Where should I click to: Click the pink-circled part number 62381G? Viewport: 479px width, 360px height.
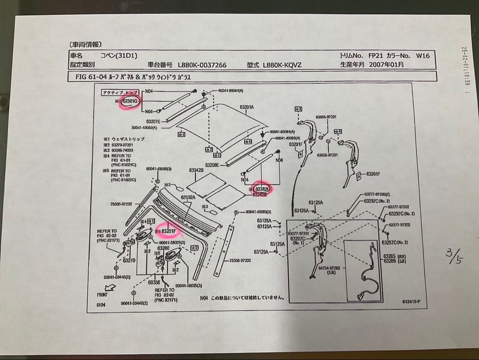tap(130, 101)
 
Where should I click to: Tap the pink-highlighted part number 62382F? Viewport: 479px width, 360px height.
tap(263, 189)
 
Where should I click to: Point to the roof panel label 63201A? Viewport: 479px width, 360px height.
tap(247, 107)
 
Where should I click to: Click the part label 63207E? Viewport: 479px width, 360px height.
tap(155, 121)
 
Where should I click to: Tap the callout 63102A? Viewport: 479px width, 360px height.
tap(188, 197)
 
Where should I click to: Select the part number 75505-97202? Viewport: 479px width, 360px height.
tap(121, 204)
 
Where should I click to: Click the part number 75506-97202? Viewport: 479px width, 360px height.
tap(239, 261)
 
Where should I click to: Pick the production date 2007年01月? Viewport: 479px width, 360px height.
tap(389, 64)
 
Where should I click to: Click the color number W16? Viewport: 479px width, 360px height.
tap(423, 56)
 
